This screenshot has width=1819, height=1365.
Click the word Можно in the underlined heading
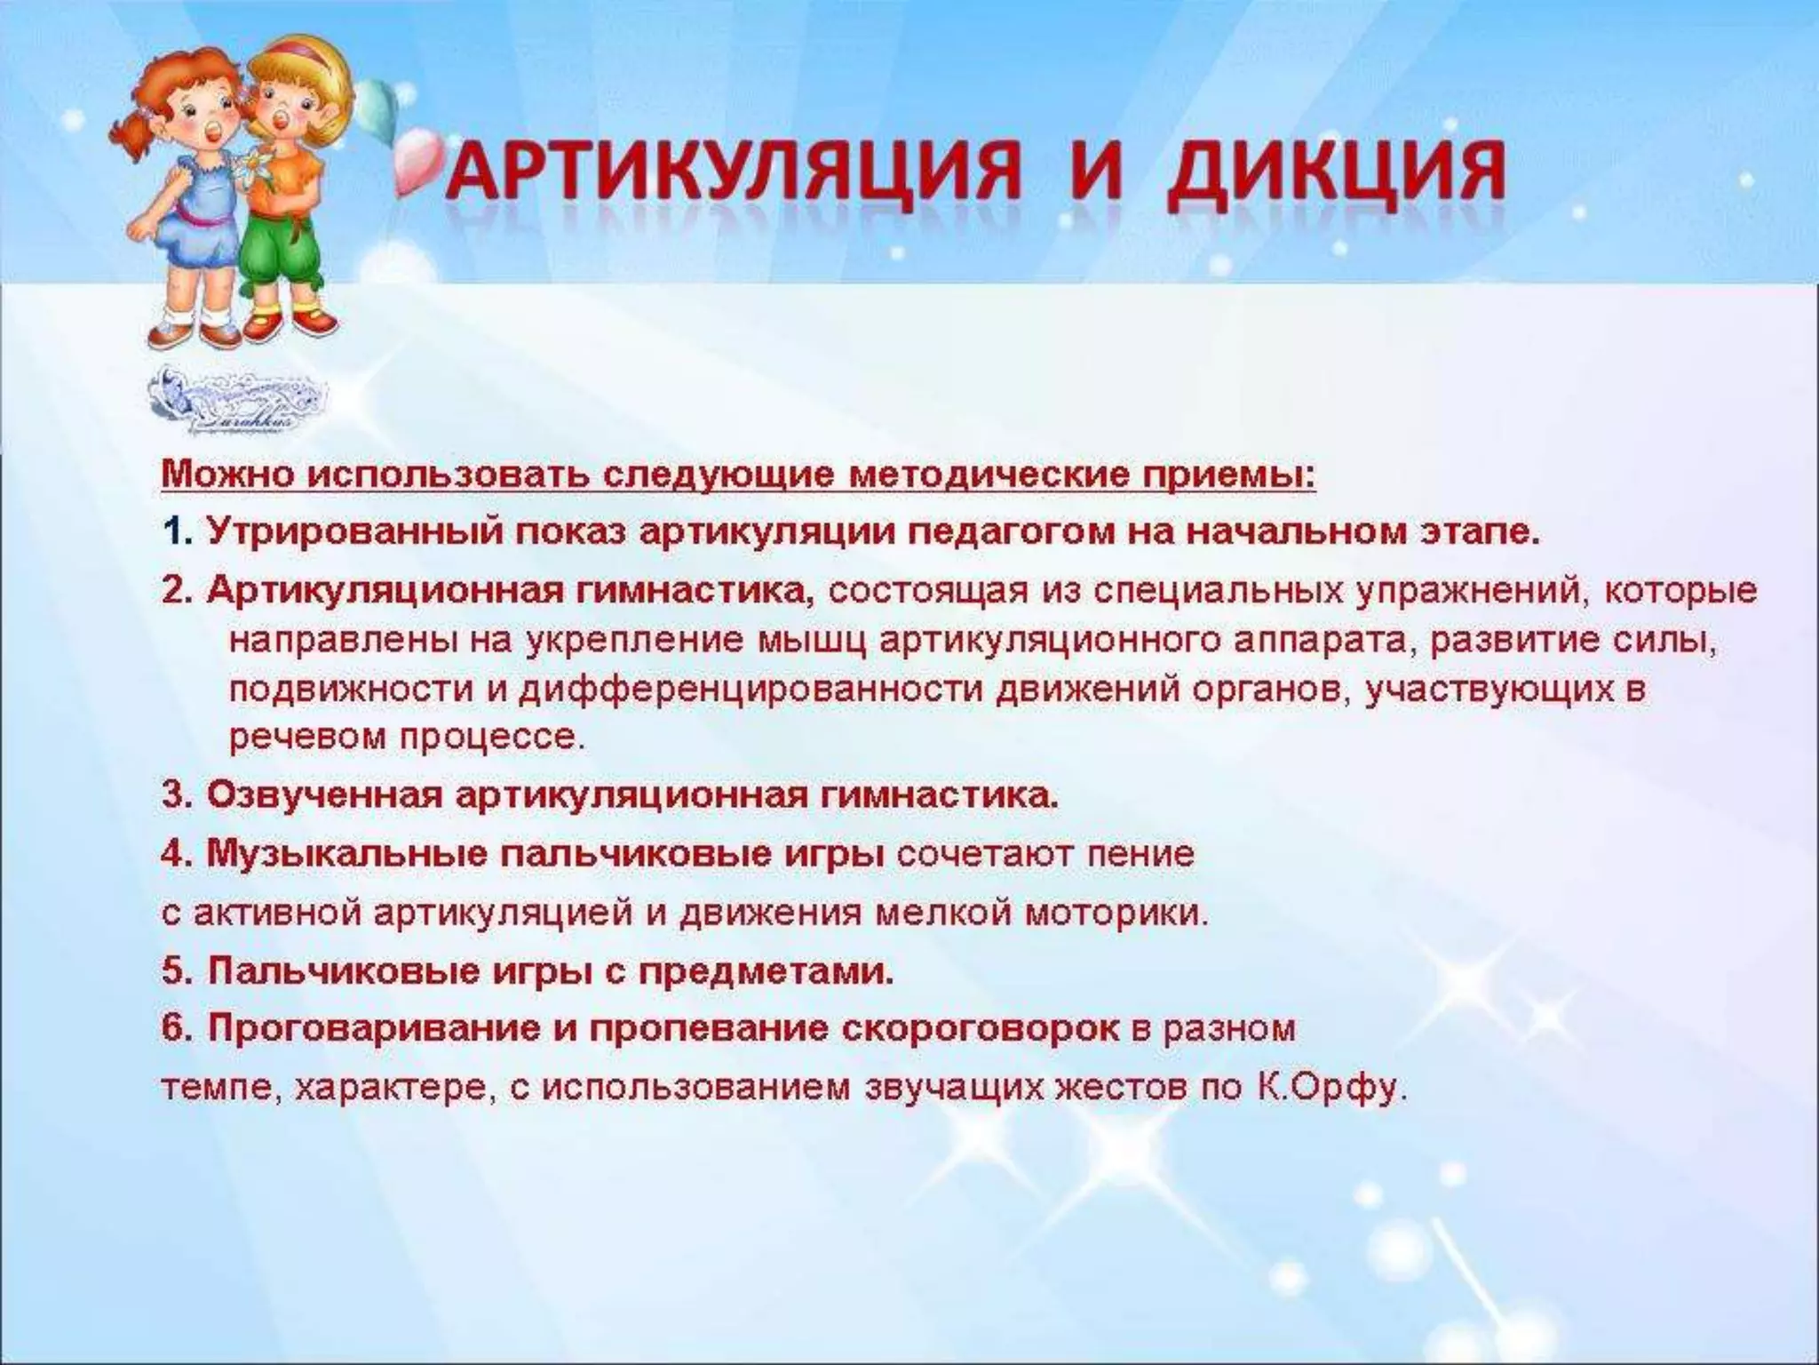[x=227, y=475]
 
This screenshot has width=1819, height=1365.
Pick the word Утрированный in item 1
[x=356, y=532]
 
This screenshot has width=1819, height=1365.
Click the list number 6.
[x=176, y=1029]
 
